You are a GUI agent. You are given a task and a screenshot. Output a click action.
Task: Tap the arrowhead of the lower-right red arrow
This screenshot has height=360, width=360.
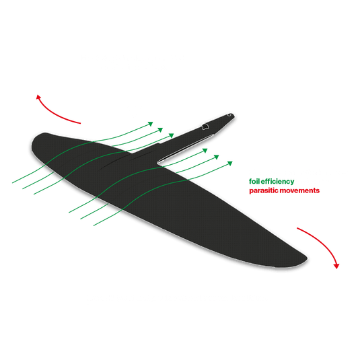click(x=336, y=264)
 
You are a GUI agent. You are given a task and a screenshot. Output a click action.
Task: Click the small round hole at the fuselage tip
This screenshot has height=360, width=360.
click(x=231, y=115)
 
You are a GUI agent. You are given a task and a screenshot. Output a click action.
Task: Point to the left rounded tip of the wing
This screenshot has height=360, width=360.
click(x=34, y=145)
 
